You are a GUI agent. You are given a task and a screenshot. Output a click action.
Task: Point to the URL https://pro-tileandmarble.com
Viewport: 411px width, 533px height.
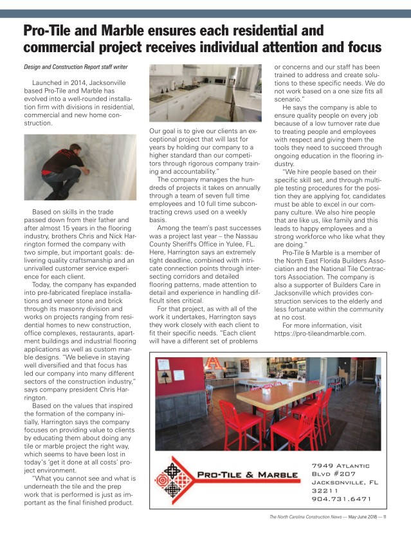[x=320, y=333]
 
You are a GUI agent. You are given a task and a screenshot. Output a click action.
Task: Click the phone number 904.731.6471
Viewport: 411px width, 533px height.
[x=342, y=498]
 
